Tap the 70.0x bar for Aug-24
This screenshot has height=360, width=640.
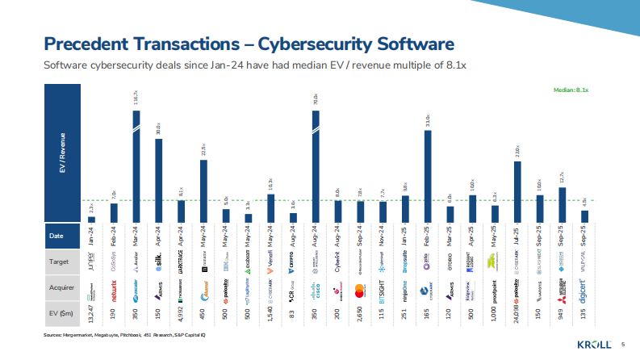316,165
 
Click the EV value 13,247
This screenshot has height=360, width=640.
92,312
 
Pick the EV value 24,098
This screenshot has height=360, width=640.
517,312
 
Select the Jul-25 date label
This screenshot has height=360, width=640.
517,237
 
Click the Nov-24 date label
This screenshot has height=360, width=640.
383,237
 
